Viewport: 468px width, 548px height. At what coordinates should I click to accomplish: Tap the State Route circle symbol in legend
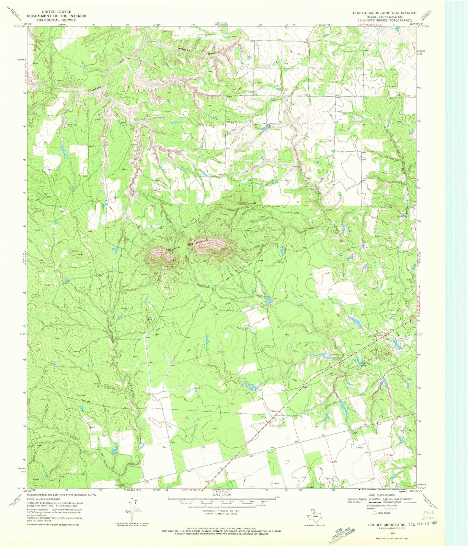click(375, 513)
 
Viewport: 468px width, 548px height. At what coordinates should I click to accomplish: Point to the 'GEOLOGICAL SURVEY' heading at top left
click(57, 20)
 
